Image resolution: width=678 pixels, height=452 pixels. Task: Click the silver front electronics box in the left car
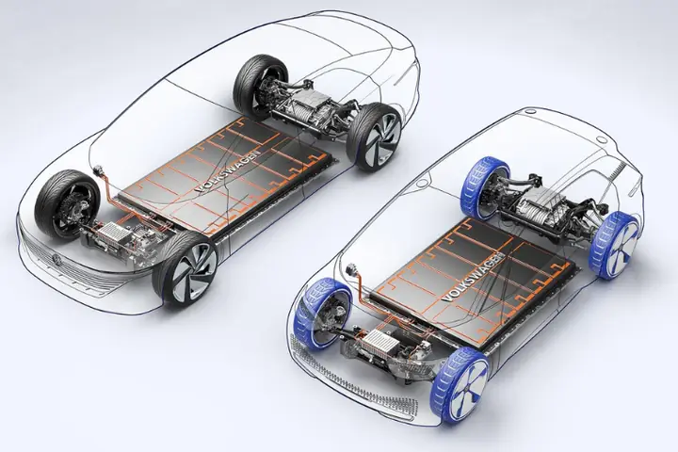pyautogui.click(x=117, y=235)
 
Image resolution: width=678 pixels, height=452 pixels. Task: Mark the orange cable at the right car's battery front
pyautogui.click(x=363, y=282)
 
